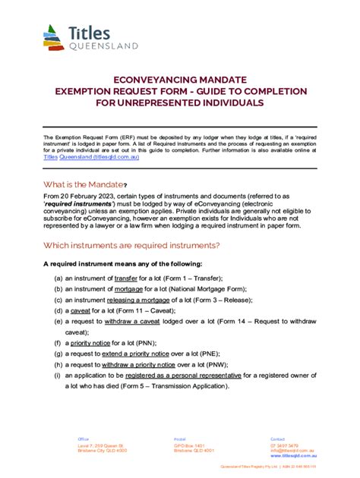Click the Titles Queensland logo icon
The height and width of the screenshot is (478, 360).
click(54, 36)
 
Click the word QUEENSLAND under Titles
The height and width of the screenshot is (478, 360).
click(103, 46)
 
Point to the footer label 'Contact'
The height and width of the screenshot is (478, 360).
click(279, 439)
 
